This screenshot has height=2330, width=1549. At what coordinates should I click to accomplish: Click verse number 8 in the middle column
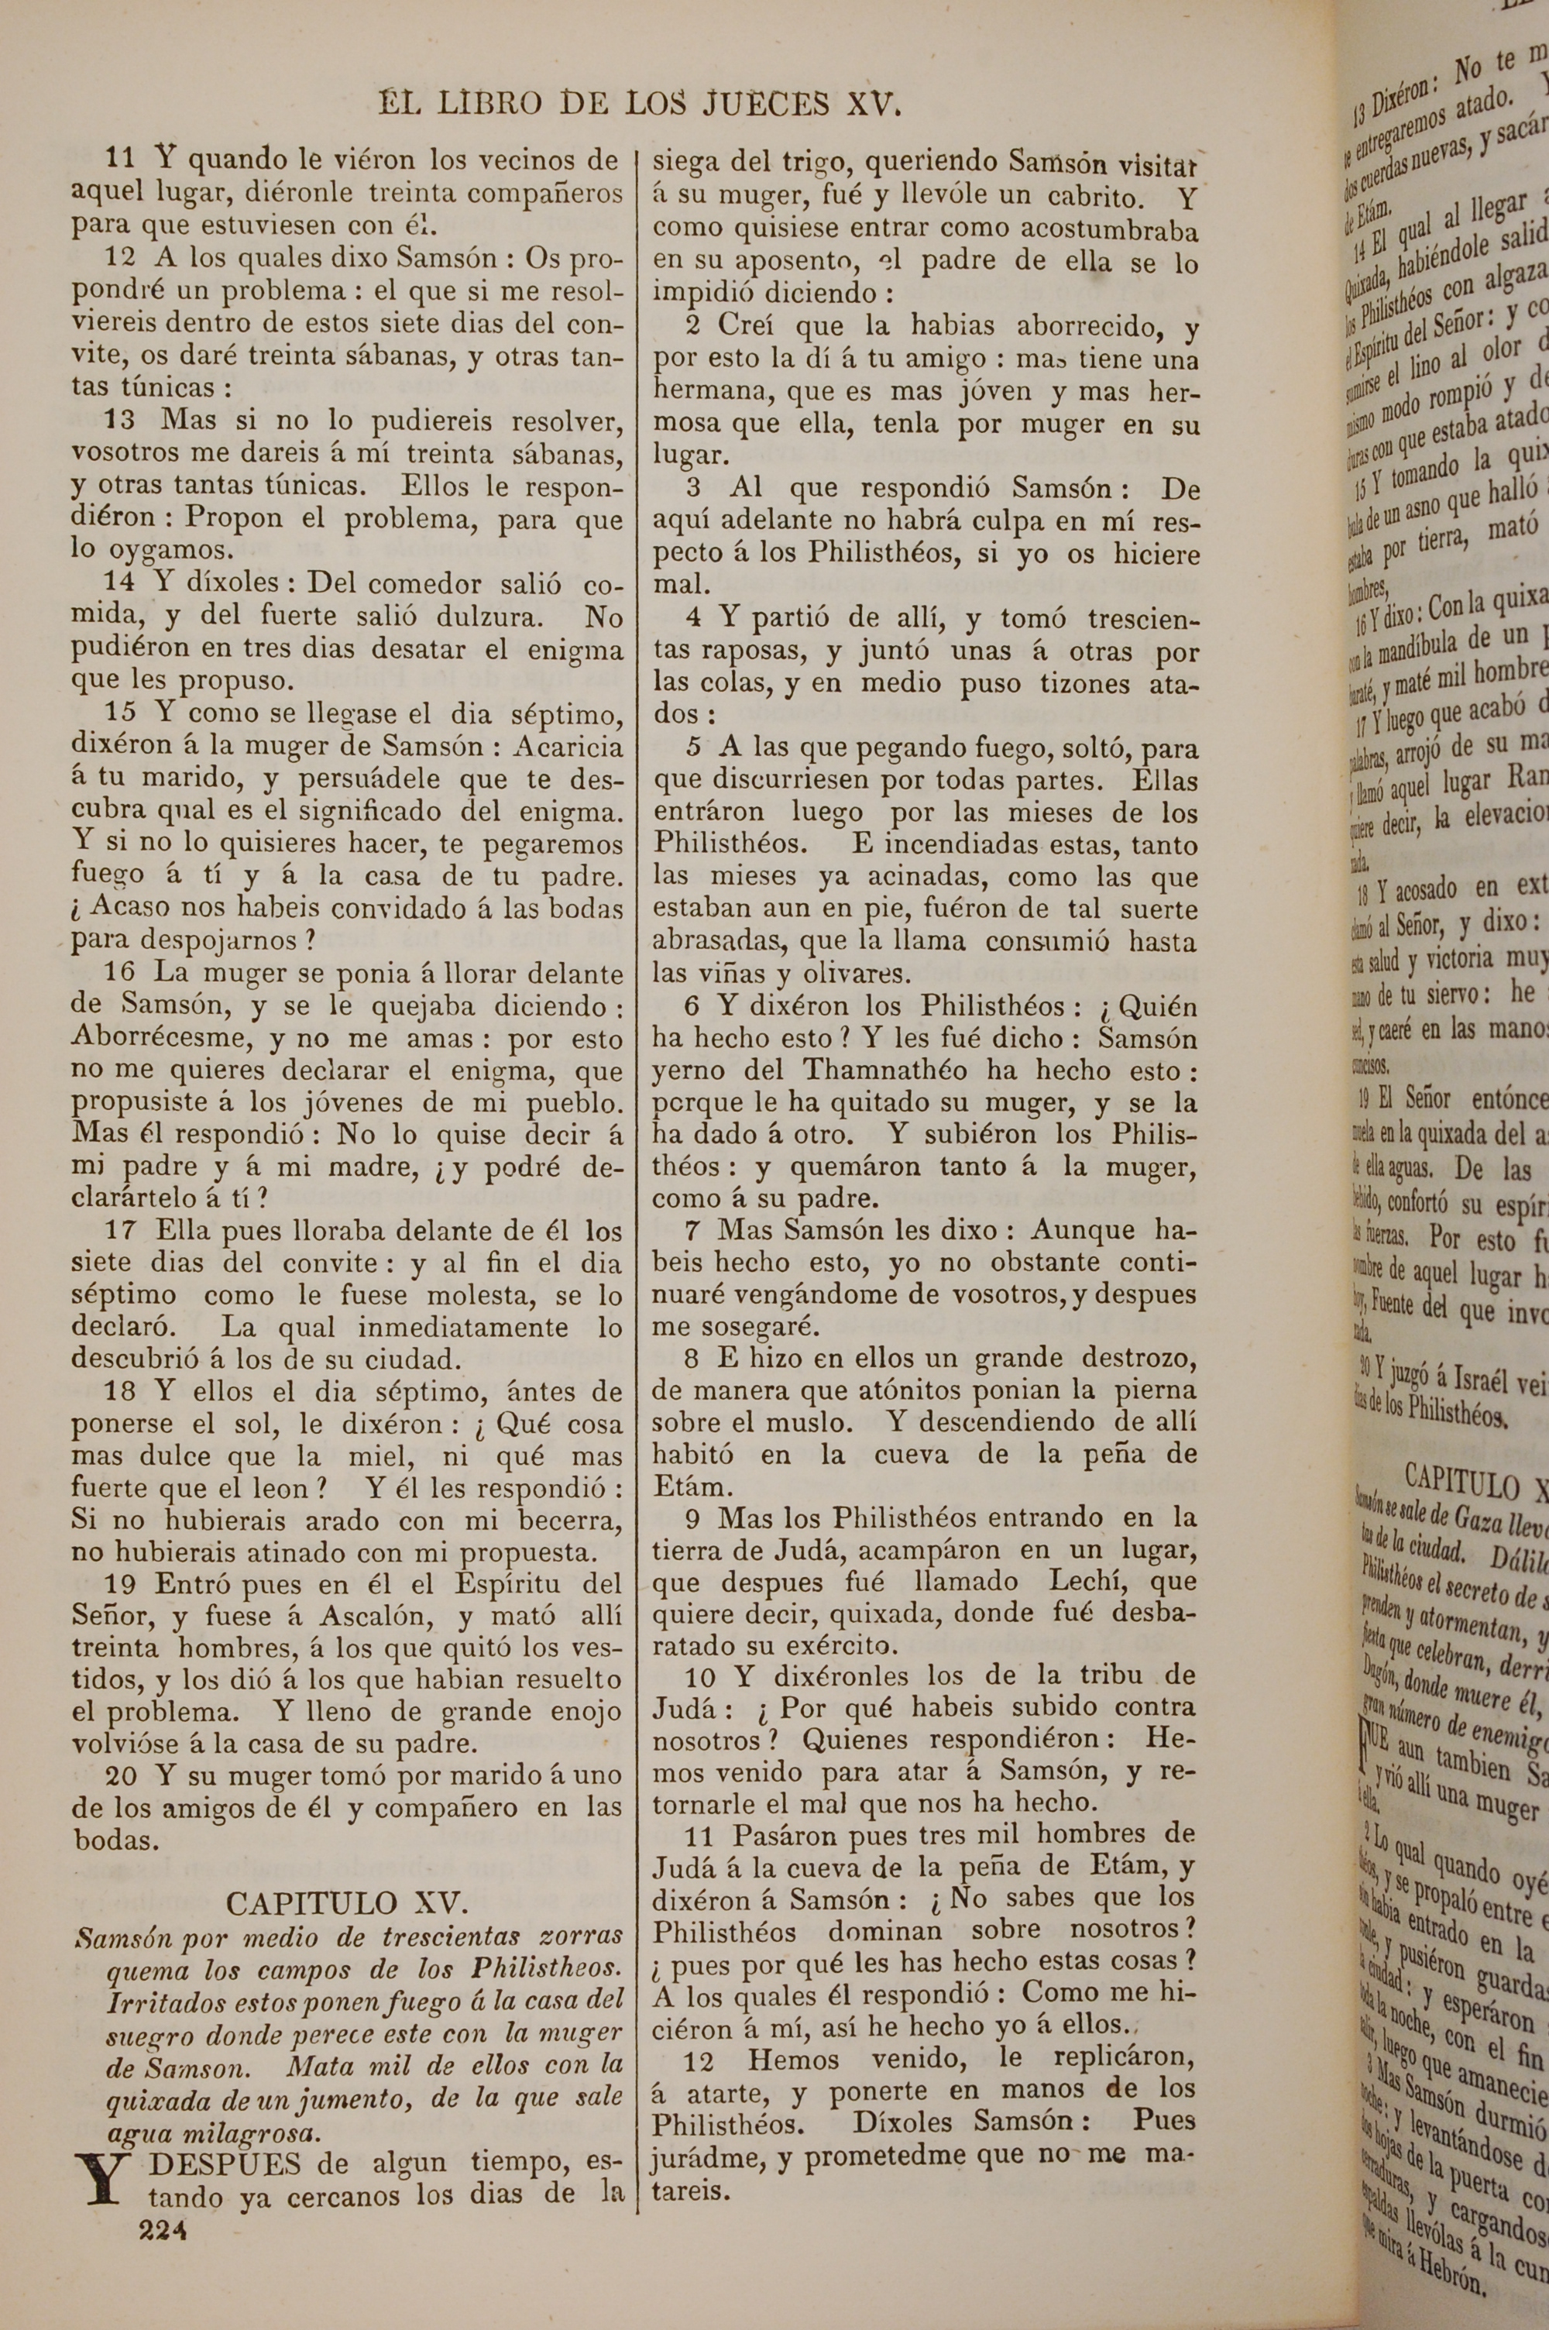pos(692,1358)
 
